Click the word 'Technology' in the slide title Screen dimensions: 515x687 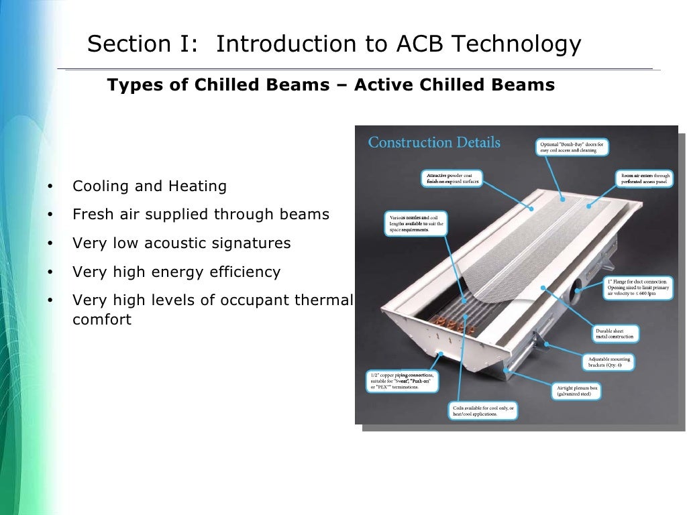point(516,44)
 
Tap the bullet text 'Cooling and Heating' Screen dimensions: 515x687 point(150,186)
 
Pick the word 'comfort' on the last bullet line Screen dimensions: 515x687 point(101,319)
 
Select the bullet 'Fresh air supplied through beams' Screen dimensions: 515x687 point(201,214)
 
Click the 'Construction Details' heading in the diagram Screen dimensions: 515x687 point(434,142)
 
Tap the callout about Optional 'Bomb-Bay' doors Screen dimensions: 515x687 point(572,147)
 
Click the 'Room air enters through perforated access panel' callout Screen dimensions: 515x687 point(644,178)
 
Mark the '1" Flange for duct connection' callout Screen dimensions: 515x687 point(638,288)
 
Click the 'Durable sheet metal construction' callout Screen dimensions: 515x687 point(615,334)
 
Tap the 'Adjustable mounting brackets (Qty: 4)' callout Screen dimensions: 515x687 point(606,363)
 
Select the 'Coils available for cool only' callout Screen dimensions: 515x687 point(482,411)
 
